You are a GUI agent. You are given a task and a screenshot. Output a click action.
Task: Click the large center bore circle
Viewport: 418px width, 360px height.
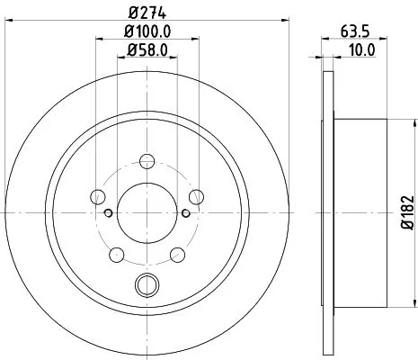tap(145, 211)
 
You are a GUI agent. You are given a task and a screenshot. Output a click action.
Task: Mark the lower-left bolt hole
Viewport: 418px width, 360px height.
tap(115, 253)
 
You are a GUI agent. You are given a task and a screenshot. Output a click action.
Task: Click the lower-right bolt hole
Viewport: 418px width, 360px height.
tap(175, 253)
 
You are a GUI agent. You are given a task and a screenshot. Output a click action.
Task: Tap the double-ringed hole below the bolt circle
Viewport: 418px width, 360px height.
tap(145, 286)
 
